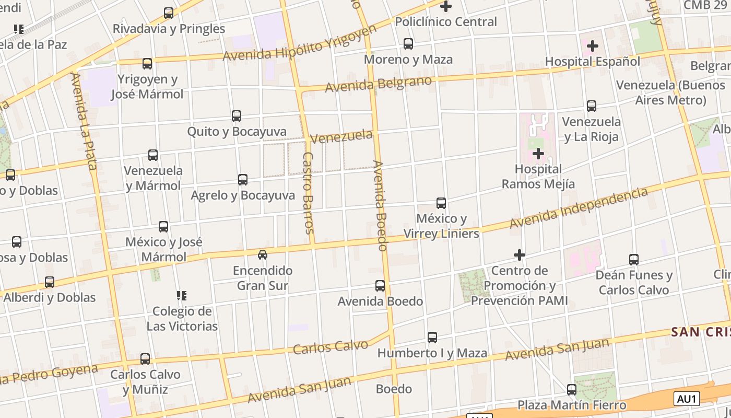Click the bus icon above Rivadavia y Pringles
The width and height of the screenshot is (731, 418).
(169, 13)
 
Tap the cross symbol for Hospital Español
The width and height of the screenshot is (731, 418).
(592, 46)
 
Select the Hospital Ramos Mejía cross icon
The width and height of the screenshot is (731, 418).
(538, 154)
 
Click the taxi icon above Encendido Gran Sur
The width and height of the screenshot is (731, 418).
(263, 255)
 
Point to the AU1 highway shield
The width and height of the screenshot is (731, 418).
(687, 399)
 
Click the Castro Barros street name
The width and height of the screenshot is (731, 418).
(308, 193)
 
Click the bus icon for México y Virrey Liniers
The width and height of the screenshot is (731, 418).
(441, 203)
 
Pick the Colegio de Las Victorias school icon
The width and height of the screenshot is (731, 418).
(182, 296)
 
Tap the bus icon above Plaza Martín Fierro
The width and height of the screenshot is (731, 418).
(572, 389)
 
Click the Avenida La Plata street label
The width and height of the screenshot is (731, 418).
(84, 122)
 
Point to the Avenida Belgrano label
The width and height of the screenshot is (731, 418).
(379, 84)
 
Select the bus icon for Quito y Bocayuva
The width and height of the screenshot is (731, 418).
(237, 116)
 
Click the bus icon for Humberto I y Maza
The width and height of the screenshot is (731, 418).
(432, 338)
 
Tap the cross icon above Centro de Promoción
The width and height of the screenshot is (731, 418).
(519, 255)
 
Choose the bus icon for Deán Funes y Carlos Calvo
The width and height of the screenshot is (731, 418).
(634, 260)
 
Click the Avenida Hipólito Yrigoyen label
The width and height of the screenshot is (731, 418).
(300, 43)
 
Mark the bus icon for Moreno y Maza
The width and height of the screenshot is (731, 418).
(408, 44)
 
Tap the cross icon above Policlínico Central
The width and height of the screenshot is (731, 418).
(446, 6)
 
